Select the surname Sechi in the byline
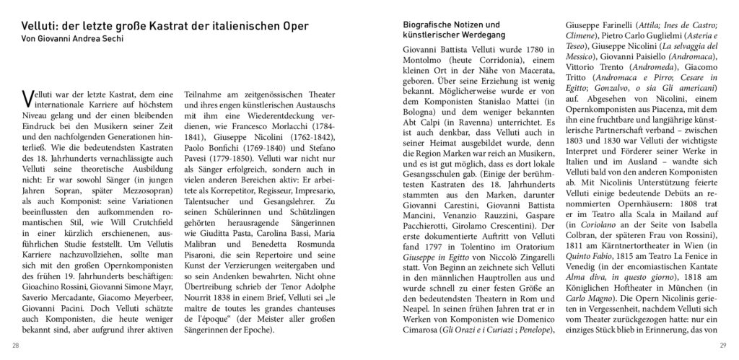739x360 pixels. pos(104,39)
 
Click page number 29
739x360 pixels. pos(722,344)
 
